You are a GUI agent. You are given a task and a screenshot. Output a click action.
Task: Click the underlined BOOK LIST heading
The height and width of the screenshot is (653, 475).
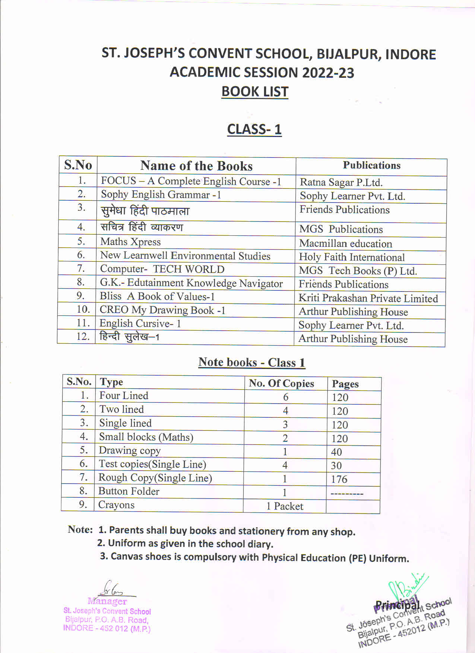point(255,92)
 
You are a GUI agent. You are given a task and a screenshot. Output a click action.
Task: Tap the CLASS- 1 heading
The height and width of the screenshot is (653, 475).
point(254,129)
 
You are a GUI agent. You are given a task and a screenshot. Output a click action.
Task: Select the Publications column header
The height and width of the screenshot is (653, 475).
point(371,165)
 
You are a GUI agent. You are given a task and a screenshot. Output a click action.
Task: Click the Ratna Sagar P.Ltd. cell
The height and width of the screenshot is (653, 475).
point(341,182)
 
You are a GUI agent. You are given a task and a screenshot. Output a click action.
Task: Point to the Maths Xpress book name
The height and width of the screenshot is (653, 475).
point(130,242)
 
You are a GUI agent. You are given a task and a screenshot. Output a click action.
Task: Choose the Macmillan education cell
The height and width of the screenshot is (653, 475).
point(345,243)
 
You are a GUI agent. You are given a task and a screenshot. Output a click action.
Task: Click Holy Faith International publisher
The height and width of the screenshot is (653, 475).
point(351,257)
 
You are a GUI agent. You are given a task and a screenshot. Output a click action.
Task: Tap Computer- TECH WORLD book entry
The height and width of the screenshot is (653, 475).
point(162,269)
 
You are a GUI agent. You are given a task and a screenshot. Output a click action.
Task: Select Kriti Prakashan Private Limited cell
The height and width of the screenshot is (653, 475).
point(368,298)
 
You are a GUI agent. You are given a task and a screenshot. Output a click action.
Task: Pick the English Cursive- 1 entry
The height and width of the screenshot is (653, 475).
point(140,323)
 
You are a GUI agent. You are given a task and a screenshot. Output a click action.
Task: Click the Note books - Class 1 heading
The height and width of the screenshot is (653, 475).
point(251,362)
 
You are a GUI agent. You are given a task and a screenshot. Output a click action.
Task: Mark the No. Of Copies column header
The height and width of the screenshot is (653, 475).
point(281,383)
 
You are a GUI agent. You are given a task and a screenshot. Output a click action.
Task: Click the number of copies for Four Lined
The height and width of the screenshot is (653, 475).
point(285,397)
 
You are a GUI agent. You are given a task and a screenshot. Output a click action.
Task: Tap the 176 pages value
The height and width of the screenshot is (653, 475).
point(339,479)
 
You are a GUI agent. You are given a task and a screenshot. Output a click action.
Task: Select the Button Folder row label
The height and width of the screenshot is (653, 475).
point(129,491)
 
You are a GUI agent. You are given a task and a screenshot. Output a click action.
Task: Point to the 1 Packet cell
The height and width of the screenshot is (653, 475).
point(285,506)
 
